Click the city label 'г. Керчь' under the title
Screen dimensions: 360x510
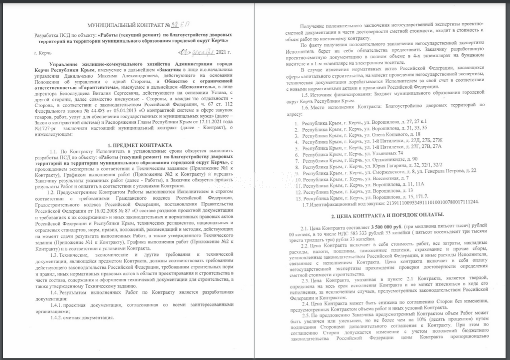tap(43, 53)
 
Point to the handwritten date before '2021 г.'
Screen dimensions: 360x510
tap(197, 52)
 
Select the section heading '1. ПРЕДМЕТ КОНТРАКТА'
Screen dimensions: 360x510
tap(140, 145)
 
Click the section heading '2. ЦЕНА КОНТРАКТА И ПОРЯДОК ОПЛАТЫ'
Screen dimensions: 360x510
tap(387, 216)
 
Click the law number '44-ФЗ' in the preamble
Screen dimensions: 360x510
tap(86, 110)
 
